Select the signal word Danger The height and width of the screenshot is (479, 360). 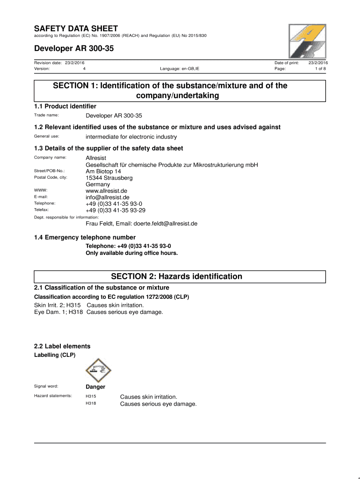pyautogui.click(x=95, y=387)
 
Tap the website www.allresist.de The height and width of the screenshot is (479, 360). pyautogui.click(x=106, y=191)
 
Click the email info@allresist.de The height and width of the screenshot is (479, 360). pyautogui.click(x=104, y=197)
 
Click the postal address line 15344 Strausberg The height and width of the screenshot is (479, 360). pyautogui.click(x=109, y=178)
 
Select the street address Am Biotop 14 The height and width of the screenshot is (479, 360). pyautogui.click(x=102, y=171)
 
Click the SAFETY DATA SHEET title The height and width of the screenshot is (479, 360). pyautogui.click(x=76, y=29)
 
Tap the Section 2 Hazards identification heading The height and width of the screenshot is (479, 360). pyautogui.click(x=180, y=276)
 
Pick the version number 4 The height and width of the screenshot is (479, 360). pyautogui.click(x=84, y=69)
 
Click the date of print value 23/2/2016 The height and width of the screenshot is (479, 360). pyautogui.click(x=318, y=62)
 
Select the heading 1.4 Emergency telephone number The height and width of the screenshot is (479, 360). pyautogui.click(x=85, y=237)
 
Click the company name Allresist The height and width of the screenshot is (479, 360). pyautogui.click(x=96, y=158)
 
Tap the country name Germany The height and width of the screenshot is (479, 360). pyautogui.click(x=98, y=184)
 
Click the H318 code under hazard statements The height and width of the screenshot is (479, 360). pyautogui.click(x=91, y=404)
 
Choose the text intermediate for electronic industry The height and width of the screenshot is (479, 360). pyautogui.click(x=131, y=137)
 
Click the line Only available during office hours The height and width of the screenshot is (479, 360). pyautogui.click(x=132, y=253)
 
